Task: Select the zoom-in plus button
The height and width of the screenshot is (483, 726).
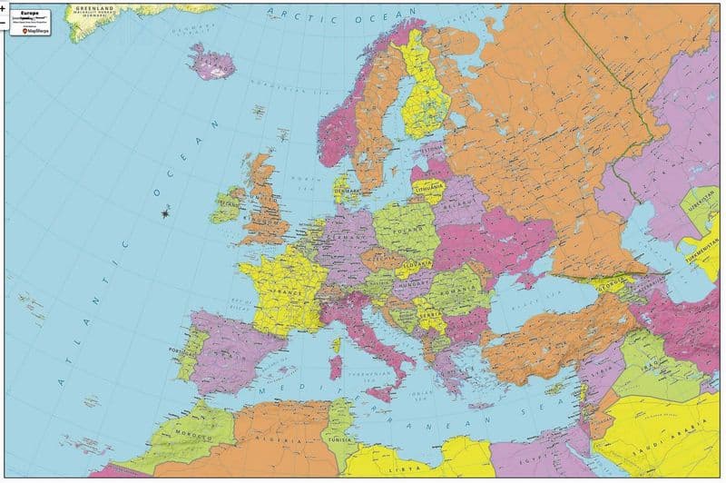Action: click(4, 6)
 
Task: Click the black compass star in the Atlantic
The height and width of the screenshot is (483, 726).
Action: click(165, 213)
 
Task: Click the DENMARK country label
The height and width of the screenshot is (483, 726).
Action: click(346, 192)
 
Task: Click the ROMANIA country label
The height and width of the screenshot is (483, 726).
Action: click(459, 290)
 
